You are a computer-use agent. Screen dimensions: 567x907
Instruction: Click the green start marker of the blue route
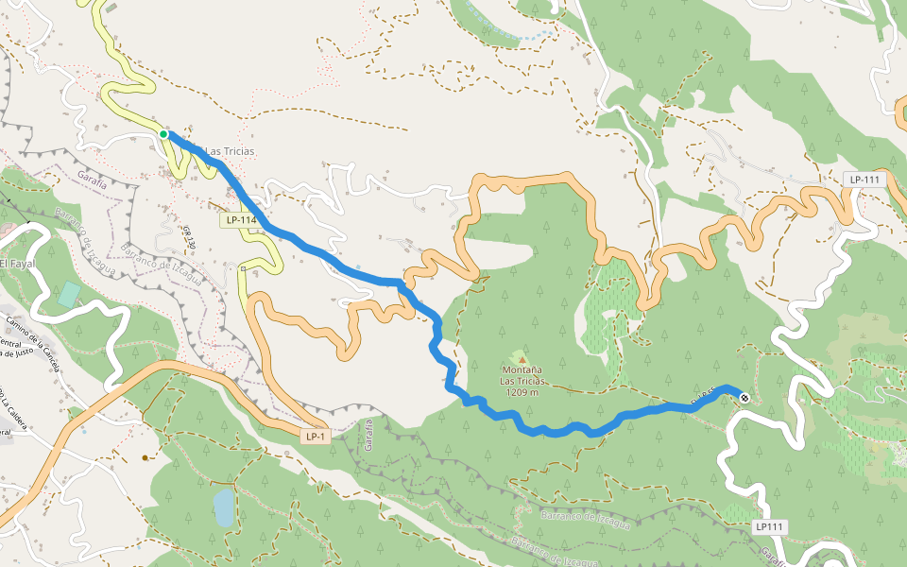click(163, 134)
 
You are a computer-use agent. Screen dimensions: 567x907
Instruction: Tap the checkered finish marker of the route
click(744, 398)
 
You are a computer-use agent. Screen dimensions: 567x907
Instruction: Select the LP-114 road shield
click(240, 220)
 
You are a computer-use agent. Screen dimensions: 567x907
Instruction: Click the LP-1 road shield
click(315, 437)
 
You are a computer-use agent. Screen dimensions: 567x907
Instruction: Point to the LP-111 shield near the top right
click(864, 180)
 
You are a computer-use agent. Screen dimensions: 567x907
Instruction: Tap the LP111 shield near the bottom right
click(771, 526)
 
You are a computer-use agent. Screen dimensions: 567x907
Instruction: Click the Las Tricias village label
click(230, 151)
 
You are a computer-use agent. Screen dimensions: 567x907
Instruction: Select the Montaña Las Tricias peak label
click(522, 375)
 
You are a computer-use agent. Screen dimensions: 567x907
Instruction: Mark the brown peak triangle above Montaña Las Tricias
click(522, 359)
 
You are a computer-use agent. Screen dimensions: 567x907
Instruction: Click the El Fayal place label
click(17, 264)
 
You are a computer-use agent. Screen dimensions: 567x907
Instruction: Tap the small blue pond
click(223, 507)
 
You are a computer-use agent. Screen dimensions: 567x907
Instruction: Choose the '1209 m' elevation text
click(522, 392)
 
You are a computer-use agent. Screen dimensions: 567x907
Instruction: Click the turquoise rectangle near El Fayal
click(68, 293)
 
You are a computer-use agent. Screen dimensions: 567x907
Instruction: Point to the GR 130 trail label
click(188, 236)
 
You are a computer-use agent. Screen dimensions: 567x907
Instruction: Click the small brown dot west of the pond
click(145, 457)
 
